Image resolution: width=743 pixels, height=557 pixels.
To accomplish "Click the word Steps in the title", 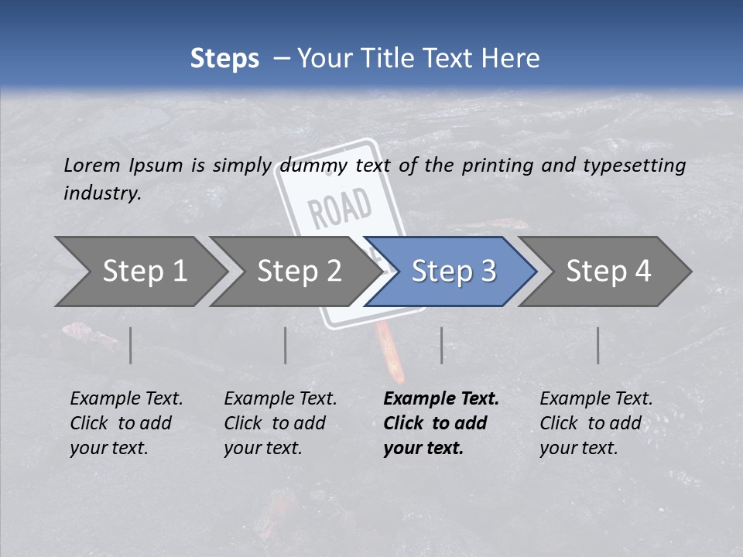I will pyautogui.click(x=224, y=59).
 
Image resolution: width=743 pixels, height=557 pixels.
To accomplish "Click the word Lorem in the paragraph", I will pyautogui.click(x=91, y=166).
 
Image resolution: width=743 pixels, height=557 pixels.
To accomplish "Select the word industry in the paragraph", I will pyautogui.click(x=101, y=193).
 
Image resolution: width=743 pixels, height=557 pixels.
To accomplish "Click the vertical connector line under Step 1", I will pyautogui.click(x=131, y=345).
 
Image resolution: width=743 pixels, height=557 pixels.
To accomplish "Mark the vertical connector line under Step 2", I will pyautogui.click(x=286, y=345).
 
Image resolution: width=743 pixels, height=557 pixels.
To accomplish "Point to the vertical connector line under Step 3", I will pyautogui.click(x=441, y=345).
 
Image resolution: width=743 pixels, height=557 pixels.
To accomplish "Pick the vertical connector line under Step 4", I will pyautogui.click(x=597, y=345).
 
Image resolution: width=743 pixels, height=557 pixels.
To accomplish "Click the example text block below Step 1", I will pyautogui.click(x=126, y=423).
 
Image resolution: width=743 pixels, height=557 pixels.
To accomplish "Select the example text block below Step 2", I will pyautogui.click(x=280, y=423).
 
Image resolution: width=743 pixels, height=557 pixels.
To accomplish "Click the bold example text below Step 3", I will pyautogui.click(x=441, y=423).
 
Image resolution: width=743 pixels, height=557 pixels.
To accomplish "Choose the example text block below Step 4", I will pyautogui.click(x=596, y=423).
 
